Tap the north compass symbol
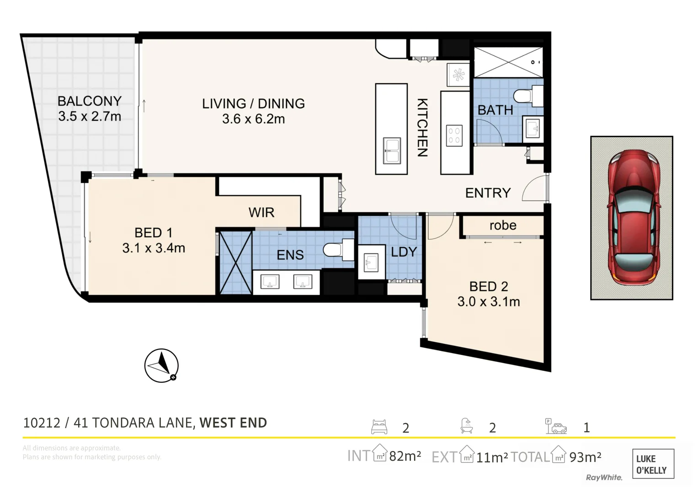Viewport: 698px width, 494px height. (x=161, y=365)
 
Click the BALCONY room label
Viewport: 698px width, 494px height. (x=90, y=101)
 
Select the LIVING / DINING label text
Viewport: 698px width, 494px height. (x=253, y=104)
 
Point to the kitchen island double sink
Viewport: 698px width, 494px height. (x=391, y=151)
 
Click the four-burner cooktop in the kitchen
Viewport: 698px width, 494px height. (x=454, y=135)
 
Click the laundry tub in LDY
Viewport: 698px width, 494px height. (x=370, y=263)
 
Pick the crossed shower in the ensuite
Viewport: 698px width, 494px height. (x=236, y=263)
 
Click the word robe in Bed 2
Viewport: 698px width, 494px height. (x=502, y=226)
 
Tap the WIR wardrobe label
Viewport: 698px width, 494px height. (x=261, y=212)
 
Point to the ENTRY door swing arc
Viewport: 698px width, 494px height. (x=533, y=188)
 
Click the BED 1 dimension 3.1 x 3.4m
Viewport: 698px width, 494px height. (x=154, y=248)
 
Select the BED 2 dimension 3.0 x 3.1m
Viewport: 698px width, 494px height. (x=488, y=302)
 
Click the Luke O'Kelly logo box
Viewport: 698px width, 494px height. (x=653, y=464)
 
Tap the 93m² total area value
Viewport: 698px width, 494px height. (x=585, y=457)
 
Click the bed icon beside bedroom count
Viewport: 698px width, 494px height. (x=379, y=427)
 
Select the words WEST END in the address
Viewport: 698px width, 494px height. (x=233, y=423)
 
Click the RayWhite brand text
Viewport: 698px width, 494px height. (x=604, y=478)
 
